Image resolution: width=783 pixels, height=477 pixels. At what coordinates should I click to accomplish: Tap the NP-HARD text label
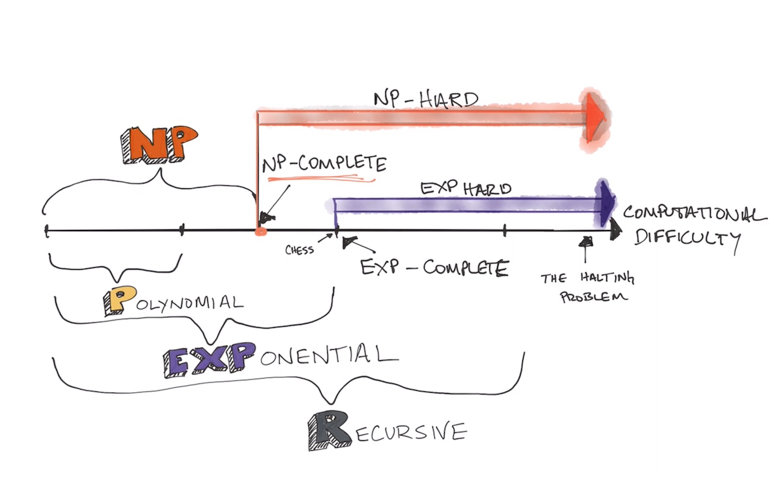click(x=425, y=99)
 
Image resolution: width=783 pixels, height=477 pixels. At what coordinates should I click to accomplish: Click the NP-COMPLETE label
click(x=324, y=165)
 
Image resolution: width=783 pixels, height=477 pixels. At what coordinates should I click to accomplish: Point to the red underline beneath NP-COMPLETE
click(x=321, y=179)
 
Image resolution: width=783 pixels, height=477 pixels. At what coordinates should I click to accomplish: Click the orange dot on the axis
click(x=259, y=231)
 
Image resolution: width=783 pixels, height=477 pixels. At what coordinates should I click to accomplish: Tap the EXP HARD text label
click(x=466, y=188)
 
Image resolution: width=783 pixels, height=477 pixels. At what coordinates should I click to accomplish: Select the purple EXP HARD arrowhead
click(x=607, y=202)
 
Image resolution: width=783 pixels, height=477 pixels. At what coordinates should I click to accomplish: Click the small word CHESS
click(x=300, y=250)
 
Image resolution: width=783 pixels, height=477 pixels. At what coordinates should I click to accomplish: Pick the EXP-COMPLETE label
click(x=434, y=268)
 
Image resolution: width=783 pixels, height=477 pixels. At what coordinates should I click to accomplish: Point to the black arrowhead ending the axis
click(x=615, y=229)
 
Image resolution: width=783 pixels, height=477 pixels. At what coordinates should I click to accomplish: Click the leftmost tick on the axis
click(x=47, y=231)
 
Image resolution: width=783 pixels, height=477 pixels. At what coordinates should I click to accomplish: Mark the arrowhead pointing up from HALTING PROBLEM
click(x=586, y=240)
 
